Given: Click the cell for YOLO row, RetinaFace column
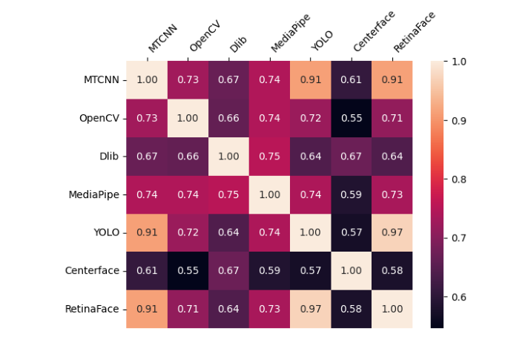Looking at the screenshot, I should tap(392, 232).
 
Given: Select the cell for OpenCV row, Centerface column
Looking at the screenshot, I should tap(352, 118).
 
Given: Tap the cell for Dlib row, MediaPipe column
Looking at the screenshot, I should tap(269, 156).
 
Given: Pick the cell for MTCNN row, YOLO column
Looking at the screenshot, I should tap(311, 79).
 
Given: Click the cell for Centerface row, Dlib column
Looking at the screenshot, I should tap(228, 270).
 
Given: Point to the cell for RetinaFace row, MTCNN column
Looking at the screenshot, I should tap(147, 309).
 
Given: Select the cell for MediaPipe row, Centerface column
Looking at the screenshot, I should tap(352, 194).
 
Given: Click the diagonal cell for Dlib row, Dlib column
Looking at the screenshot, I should tap(228, 156).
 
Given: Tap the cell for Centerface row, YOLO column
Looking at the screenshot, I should tap(311, 270).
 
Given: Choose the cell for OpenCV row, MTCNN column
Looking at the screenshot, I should tap(147, 118).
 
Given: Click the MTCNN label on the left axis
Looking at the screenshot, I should tap(101, 79).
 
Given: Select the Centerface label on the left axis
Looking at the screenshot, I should tap(92, 270).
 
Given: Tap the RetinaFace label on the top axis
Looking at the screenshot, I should tap(414, 33).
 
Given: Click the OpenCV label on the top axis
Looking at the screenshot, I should tap(205, 36).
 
